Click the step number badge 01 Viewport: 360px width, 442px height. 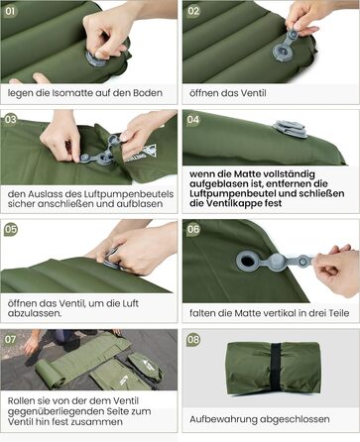pyautogui.click(x=10, y=11)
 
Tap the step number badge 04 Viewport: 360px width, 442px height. pyautogui.click(x=193, y=119)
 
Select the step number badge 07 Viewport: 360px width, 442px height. pyautogui.click(x=10, y=339)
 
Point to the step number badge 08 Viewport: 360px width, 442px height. pyautogui.click(x=193, y=339)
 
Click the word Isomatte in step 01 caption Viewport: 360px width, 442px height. pyautogui.click(x=72, y=93)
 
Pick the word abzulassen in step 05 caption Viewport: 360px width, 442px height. pyautogui.click(x=35, y=313)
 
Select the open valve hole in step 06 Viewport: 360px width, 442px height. pyautogui.click(x=248, y=261)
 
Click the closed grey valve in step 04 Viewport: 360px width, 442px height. pyautogui.click(x=290, y=129)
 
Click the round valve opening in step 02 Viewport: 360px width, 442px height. pyautogui.click(x=283, y=52)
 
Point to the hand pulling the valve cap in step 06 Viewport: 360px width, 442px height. pyautogui.click(x=336, y=270)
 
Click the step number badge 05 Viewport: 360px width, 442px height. pyautogui.click(x=10, y=229)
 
